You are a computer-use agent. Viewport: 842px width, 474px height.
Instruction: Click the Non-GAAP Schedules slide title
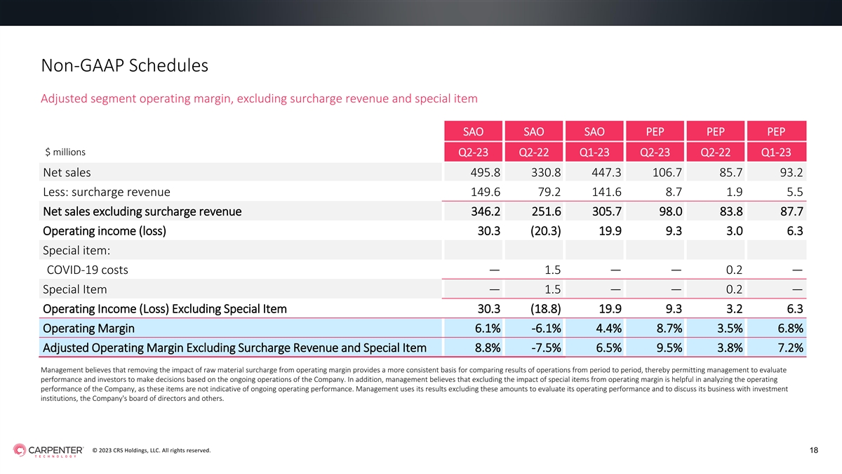[124, 65]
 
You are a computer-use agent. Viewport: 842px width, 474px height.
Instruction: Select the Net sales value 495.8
[486, 172]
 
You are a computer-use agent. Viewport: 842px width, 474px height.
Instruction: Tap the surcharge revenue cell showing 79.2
[549, 192]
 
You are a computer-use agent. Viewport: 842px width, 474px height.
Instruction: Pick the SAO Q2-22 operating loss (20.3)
[545, 230]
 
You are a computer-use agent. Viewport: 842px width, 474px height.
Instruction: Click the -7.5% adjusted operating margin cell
[546, 348]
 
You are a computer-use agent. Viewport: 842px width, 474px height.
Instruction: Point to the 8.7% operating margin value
[669, 329]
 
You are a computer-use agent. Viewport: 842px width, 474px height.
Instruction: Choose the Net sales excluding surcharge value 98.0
[671, 211]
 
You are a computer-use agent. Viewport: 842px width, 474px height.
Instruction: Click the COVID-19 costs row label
[87, 270]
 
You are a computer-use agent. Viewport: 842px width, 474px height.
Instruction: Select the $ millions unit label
[65, 152]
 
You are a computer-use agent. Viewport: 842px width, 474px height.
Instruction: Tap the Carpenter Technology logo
[48, 450]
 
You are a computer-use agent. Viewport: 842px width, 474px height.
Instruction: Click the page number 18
[814, 450]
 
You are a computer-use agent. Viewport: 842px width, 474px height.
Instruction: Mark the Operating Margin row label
[88, 329]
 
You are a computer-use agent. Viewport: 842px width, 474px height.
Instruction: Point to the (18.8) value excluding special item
[545, 309]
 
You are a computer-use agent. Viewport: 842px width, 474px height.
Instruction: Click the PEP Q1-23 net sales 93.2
[791, 172]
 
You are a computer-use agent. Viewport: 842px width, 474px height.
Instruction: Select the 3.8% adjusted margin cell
[730, 348]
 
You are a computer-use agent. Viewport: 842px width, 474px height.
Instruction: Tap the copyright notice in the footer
[152, 450]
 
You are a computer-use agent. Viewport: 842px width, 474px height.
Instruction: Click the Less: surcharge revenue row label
[107, 192]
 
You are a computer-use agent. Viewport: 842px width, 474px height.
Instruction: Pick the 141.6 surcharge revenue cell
[606, 192]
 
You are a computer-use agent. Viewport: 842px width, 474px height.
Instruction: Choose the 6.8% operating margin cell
[790, 329]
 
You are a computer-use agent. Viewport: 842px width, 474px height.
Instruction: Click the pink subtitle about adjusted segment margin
[259, 98]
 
